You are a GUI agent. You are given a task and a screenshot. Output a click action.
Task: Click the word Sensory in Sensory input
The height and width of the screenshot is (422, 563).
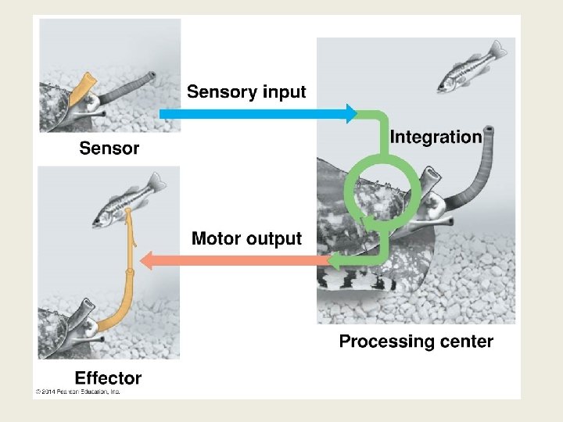[x=222, y=92]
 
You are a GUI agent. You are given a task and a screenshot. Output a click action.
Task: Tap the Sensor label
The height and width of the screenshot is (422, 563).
[x=109, y=148]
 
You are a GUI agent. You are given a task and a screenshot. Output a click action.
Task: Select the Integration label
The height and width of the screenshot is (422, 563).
[x=436, y=138]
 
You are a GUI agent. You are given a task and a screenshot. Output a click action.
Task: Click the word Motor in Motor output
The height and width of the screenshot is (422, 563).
[x=217, y=238]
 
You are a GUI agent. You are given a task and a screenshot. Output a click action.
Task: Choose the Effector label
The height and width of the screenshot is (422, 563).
[x=108, y=378]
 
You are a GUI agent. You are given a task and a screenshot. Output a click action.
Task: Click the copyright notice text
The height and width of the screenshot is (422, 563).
[x=77, y=391]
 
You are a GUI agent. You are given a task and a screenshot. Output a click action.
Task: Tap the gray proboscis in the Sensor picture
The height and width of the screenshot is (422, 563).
[x=125, y=91]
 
